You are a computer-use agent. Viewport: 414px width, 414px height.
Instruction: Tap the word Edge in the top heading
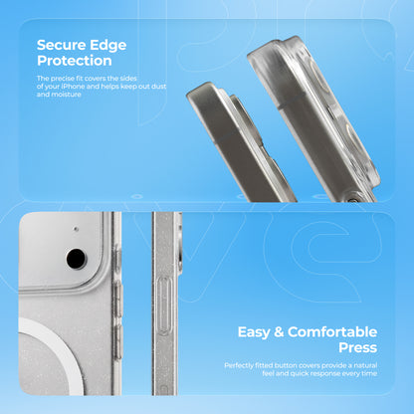(108, 46)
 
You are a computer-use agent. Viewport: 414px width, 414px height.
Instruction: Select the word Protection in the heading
(75, 61)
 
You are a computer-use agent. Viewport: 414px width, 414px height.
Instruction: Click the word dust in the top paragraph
(159, 87)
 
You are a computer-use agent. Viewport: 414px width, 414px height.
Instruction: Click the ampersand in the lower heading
(279, 332)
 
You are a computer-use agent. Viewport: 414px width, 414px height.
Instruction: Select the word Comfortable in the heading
(332, 331)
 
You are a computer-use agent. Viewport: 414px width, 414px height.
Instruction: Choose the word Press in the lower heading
(358, 347)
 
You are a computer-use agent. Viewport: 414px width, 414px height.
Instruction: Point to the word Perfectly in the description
(239, 365)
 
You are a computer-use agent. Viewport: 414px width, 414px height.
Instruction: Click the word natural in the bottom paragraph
(365, 365)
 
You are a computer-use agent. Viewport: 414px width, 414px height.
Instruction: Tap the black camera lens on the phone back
(77, 259)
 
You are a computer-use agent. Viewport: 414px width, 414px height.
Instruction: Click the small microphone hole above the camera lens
(76, 229)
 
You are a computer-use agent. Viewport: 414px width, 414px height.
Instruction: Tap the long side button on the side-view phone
(164, 307)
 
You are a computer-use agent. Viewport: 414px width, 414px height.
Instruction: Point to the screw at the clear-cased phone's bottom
(353, 200)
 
